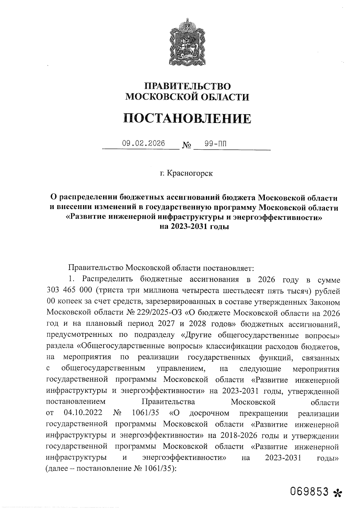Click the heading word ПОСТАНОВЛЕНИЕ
point(187,118)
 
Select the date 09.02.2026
point(144,143)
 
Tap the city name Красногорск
point(190,173)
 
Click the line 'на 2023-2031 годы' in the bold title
point(194,227)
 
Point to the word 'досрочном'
point(209,413)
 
